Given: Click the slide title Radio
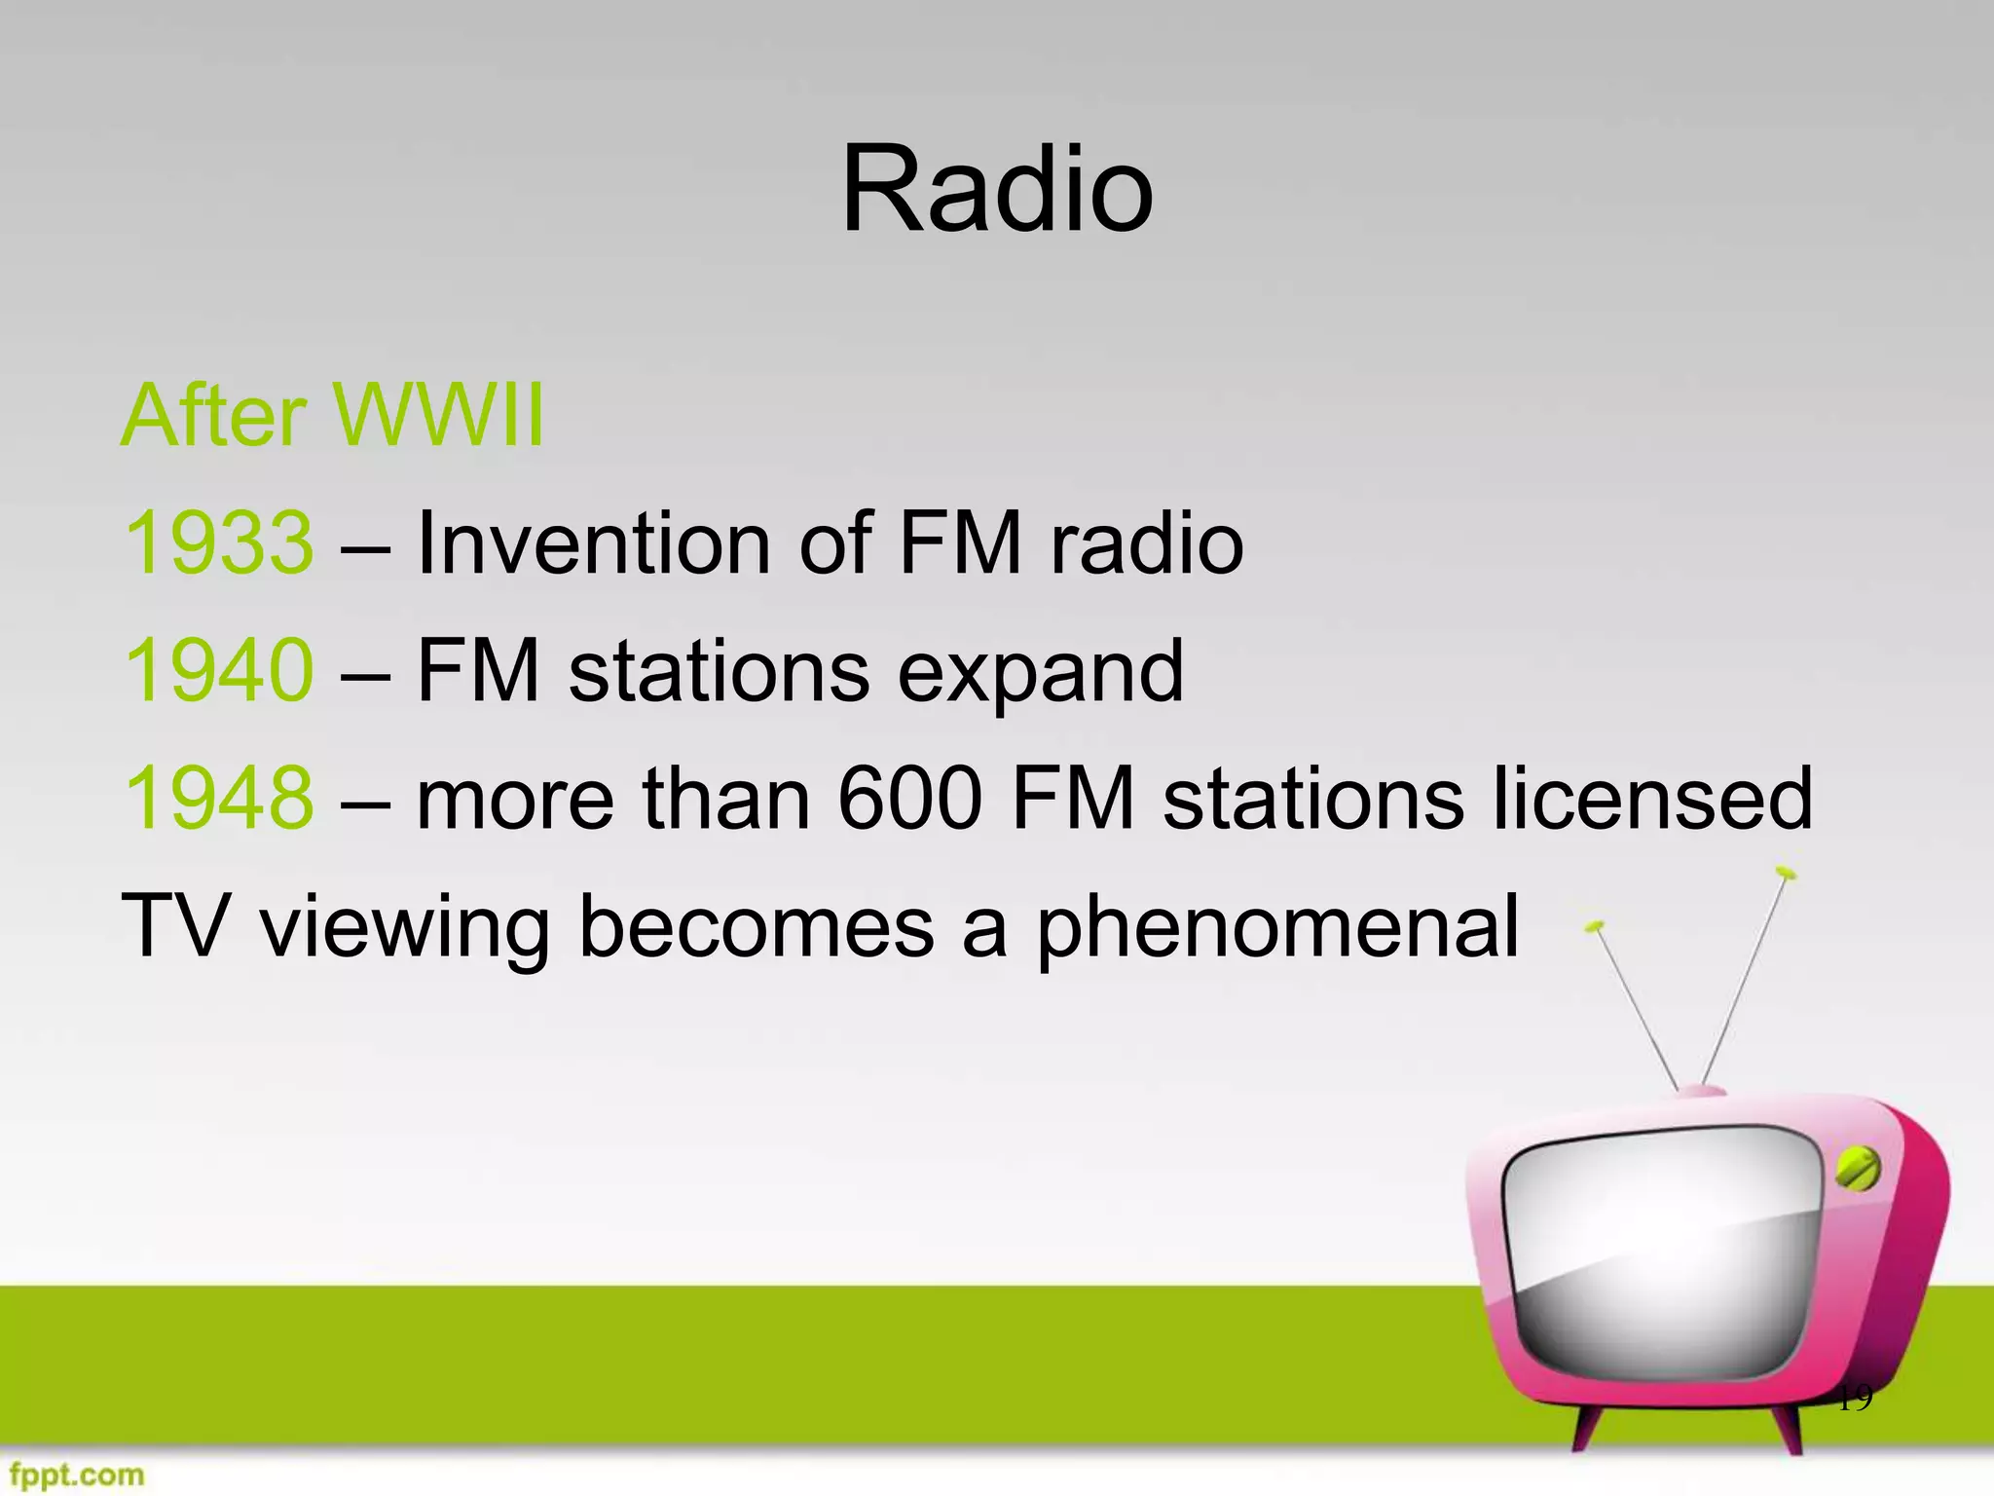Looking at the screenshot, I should [x=997, y=190].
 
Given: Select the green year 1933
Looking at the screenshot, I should [x=219, y=542].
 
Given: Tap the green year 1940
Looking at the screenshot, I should [x=219, y=670].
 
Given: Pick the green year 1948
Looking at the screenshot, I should [x=219, y=798].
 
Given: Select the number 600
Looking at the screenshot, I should [x=909, y=798].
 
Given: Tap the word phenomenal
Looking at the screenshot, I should [x=1276, y=928].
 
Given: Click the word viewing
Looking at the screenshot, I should [x=405, y=928].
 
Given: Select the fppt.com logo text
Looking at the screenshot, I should [x=76, y=1475].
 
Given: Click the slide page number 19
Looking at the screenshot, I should [x=1854, y=1399].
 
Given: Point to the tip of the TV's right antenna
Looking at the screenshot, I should [x=1784, y=872].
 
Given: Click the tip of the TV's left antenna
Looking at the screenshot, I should [x=1594, y=926].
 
